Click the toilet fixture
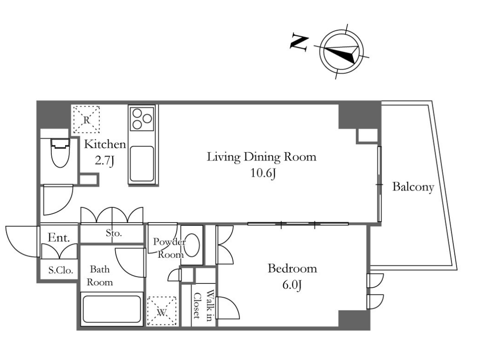60,153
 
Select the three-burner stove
142,118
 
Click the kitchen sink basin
142,164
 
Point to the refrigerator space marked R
87,120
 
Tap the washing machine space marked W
161,311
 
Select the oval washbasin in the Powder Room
192,246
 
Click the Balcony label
413,187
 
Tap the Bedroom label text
292,268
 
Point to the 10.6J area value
263,173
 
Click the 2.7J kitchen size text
105,161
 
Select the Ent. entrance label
59,238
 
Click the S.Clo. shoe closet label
61,270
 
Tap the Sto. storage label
113,233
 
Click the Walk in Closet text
203,305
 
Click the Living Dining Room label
261,157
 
